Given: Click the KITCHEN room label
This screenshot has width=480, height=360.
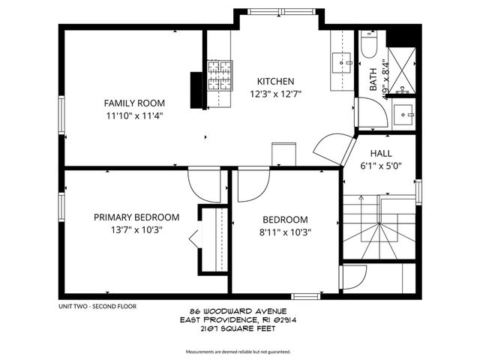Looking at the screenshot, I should [x=275, y=82].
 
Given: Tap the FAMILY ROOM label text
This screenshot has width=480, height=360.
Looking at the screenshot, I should [x=134, y=103].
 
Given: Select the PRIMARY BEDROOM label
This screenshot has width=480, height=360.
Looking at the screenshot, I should [x=136, y=217].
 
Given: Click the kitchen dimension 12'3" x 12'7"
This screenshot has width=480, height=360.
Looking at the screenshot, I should [x=275, y=94].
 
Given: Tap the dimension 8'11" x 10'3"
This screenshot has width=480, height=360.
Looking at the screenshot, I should [x=284, y=232].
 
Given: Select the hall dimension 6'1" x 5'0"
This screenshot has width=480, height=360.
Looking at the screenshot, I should [x=382, y=166].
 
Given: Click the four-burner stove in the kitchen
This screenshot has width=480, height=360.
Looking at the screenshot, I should [x=220, y=73].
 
